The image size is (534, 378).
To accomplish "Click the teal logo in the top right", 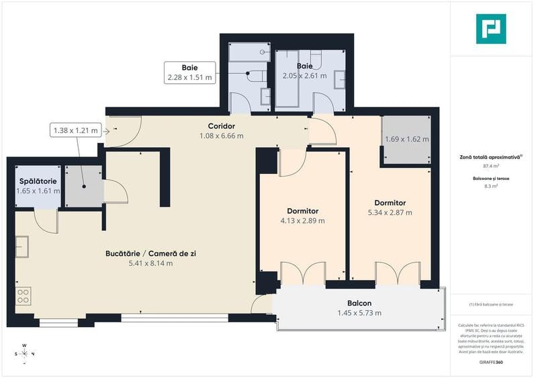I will pos(490,29).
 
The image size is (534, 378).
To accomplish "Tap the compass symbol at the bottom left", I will pos(24,353).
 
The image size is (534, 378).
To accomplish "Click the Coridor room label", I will pos(221,126).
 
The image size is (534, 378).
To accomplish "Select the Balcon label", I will pos(359,303).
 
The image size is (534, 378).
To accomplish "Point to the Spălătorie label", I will pos(38,181).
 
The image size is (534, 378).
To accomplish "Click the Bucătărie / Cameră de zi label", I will pos(150,254).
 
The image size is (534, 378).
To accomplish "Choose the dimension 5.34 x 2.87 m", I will pos(390,212).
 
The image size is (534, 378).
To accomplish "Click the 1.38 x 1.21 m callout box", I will pos(75,130).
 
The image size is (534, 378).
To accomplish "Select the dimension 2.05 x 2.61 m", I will pos(304,76).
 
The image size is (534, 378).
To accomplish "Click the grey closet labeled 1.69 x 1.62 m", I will pos(406,140).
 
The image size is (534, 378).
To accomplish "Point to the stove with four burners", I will pos(23,295).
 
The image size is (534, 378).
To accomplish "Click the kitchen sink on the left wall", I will pos(22,247).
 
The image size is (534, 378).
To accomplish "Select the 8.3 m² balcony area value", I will pos(490,187).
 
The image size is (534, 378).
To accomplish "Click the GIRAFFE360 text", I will pos(490,363).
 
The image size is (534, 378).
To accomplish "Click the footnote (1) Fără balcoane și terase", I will pos(490,305).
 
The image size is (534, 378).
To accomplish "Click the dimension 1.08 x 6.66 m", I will pos(221,136).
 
